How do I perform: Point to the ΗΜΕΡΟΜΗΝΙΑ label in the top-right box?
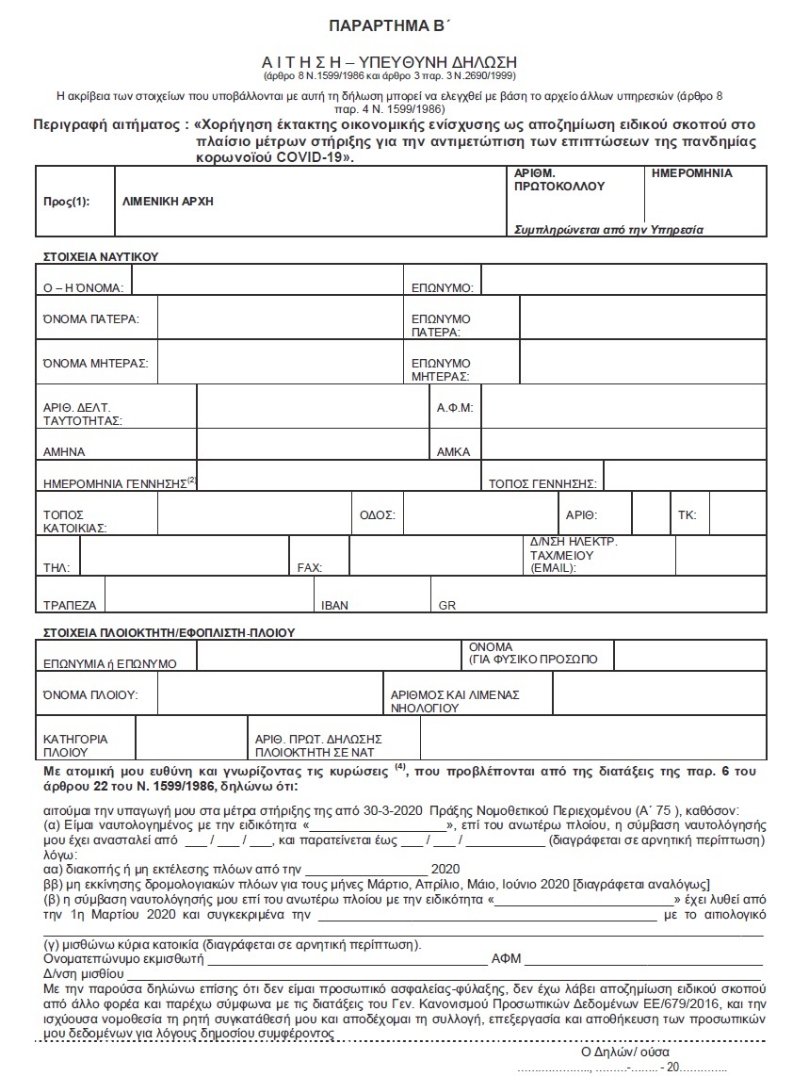coord(691,173)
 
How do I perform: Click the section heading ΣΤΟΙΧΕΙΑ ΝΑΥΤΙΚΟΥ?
coord(100,256)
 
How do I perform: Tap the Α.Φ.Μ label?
coord(454,408)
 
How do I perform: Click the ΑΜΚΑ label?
coord(453,451)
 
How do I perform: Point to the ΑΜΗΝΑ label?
coord(64,451)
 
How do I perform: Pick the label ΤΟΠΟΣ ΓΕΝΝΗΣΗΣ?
coord(542,483)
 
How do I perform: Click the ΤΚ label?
coord(687,515)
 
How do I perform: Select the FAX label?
coord(310,567)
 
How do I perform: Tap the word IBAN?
coord(334,605)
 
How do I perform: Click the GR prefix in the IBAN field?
coord(446,605)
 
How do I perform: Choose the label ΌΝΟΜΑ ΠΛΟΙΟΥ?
coord(90,694)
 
